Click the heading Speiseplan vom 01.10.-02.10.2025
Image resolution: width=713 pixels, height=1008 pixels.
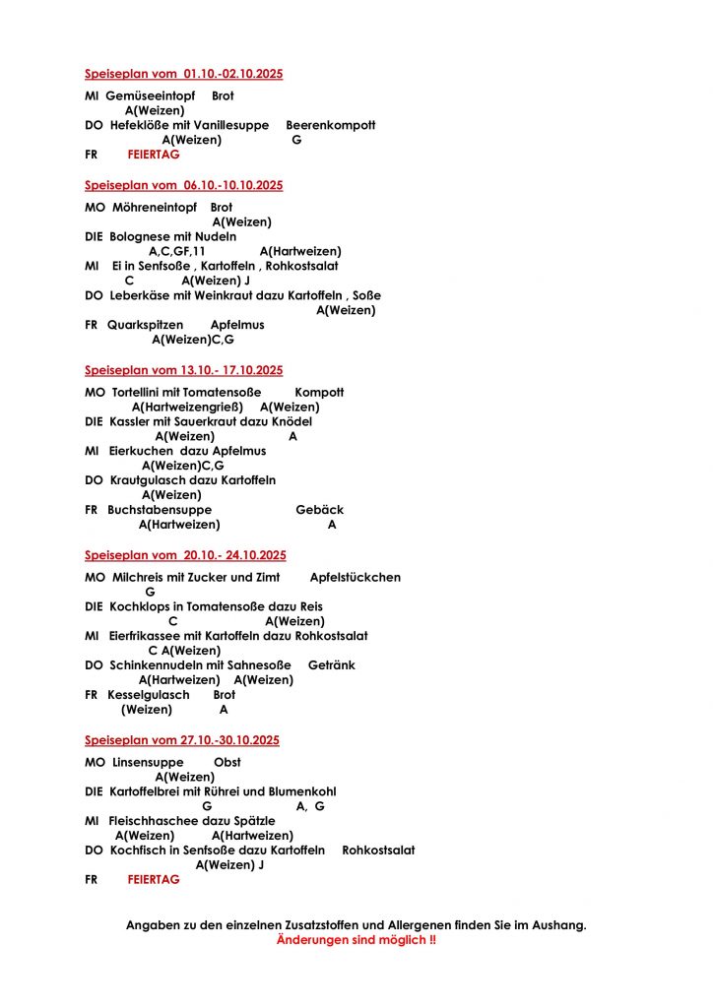183,74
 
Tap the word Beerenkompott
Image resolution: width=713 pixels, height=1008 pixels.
330,126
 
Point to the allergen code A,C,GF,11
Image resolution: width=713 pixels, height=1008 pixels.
176,252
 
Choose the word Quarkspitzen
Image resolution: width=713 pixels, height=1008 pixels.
145,325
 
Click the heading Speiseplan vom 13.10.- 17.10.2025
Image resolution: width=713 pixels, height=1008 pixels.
183,371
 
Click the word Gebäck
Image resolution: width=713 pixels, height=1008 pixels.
319,511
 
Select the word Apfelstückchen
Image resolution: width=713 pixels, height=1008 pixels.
355,578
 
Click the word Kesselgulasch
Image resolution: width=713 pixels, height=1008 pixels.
149,696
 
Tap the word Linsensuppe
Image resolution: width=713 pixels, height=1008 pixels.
141,763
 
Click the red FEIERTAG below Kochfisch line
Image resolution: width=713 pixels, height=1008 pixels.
154,881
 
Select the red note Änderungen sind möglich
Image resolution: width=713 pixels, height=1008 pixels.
356,941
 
